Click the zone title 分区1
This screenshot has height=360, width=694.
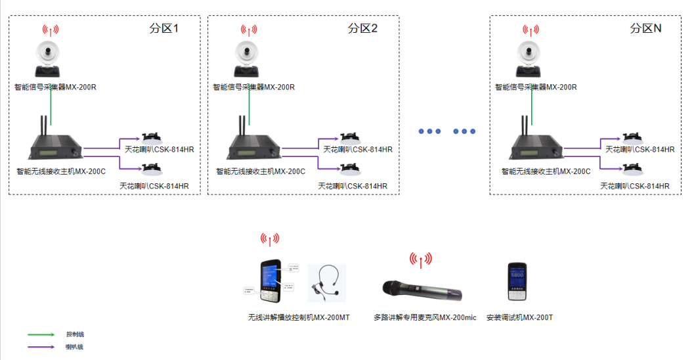click(164, 28)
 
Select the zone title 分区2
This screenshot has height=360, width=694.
click(363, 28)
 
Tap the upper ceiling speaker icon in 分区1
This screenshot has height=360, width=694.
click(152, 138)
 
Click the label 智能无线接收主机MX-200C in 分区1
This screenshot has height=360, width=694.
click(61, 171)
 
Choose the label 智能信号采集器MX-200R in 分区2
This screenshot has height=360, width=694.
click(254, 87)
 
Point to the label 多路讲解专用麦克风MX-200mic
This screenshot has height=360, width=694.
click(425, 317)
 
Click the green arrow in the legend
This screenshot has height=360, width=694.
click(41, 334)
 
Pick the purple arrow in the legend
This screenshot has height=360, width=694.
click(41, 347)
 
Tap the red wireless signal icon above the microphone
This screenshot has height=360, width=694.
click(421, 259)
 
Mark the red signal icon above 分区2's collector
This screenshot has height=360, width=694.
click(248, 30)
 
